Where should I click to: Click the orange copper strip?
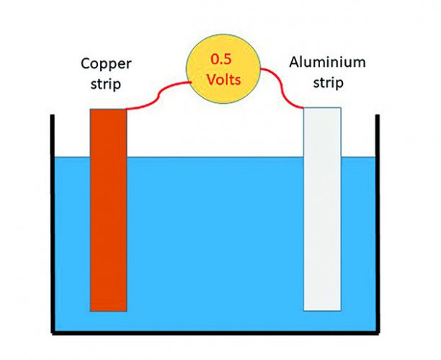point(109,216)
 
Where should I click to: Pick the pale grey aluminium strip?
point(321,216)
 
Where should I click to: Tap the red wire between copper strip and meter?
point(160,97)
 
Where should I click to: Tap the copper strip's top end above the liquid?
point(109,130)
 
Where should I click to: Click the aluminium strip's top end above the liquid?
point(321,130)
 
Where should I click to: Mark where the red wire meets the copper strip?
point(128,109)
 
